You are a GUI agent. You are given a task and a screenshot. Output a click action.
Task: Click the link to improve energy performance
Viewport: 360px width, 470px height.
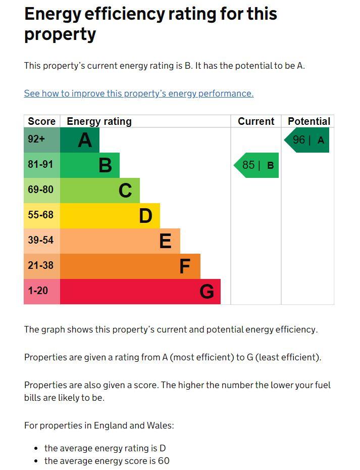click(x=139, y=93)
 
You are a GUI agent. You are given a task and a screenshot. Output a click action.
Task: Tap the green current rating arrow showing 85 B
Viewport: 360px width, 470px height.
click(x=257, y=165)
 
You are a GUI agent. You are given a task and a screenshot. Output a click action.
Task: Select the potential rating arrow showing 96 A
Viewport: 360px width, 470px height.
click(x=307, y=140)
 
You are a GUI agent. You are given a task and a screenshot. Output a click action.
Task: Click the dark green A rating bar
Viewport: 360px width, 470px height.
click(x=80, y=140)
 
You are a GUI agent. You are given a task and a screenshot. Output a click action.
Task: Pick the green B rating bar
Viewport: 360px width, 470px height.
click(x=90, y=165)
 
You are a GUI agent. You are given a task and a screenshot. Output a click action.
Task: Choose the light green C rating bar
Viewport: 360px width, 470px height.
click(x=100, y=191)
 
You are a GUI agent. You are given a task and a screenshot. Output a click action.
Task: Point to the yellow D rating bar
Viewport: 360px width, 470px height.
click(x=110, y=216)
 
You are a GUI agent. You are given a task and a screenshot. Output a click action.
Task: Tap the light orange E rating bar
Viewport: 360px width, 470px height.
click(x=120, y=241)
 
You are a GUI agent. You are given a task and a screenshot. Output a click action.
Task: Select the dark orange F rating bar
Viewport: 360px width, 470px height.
click(x=130, y=266)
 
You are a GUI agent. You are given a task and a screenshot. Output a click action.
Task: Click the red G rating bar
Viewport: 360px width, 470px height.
click(x=140, y=292)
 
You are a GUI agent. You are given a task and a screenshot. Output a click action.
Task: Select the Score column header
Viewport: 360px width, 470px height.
click(x=41, y=121)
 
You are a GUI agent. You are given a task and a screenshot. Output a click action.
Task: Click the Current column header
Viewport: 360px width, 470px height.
click(x=256, y=121)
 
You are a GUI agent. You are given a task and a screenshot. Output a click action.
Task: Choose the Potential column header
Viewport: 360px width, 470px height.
click(x=308, y=121)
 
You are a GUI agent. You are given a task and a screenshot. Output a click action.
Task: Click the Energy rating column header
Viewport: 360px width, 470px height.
click(x=99, y=121)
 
